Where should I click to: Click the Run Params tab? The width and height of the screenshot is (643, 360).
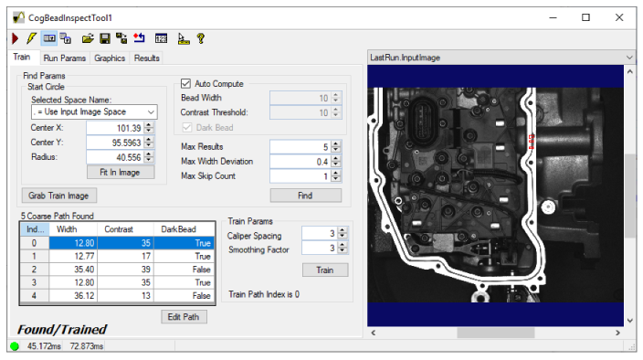(63, 58)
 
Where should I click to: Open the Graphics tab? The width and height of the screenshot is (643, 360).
(110, 58)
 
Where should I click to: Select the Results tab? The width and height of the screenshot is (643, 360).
(146, 58)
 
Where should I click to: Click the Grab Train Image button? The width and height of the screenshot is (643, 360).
(58, 195)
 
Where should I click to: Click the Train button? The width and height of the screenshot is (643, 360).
(325, 270)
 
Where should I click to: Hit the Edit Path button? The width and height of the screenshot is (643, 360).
(184, 316)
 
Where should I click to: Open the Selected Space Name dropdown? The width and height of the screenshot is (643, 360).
(94, 111)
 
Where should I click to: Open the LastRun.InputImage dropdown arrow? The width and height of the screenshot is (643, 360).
(627, 57)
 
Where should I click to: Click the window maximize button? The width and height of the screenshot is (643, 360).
(585, 16)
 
